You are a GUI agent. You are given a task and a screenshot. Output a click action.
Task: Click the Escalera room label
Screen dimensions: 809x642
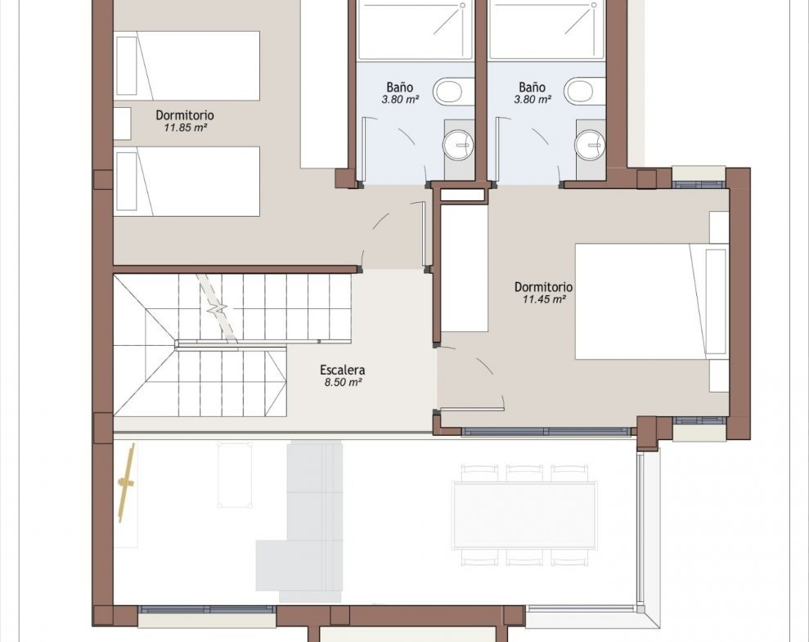(342, 370)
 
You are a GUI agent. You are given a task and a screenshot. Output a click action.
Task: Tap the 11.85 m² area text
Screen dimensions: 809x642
(185, 128)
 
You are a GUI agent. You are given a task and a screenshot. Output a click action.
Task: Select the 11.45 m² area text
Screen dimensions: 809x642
(544, 299)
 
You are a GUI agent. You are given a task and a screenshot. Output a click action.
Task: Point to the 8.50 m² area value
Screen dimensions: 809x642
(342, 382)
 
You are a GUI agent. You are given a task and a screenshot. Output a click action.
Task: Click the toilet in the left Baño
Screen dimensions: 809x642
(453, 92)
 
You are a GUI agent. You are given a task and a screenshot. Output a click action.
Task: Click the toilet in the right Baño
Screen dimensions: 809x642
(584, 92)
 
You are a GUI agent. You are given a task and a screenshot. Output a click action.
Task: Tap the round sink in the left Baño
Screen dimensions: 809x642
(456, 145)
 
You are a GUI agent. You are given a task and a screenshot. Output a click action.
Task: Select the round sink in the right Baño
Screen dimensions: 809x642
(589, 145)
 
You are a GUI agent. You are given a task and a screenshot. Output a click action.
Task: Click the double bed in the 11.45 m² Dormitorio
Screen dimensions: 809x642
(652, 302)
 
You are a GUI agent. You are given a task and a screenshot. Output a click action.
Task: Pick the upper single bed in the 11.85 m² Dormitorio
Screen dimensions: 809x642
(187, 66)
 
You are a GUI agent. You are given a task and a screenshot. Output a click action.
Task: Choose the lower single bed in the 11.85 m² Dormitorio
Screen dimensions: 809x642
(187, 182)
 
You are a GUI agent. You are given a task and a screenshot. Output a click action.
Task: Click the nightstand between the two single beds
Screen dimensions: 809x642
(122, 123)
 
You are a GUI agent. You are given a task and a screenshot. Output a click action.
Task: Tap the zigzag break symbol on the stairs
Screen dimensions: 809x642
(218, 309)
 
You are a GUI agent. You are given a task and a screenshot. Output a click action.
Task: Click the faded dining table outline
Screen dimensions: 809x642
(524, 514)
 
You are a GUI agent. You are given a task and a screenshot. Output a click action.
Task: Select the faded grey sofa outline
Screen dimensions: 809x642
(299, 522)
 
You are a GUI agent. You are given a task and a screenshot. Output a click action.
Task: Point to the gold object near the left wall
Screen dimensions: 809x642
(127, 483)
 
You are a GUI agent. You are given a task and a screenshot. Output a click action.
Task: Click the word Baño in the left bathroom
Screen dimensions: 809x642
(399, 88)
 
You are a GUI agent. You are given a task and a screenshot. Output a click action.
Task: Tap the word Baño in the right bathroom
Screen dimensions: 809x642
(532, 88)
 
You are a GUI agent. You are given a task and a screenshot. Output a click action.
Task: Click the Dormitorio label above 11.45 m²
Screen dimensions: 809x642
(543, 287)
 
